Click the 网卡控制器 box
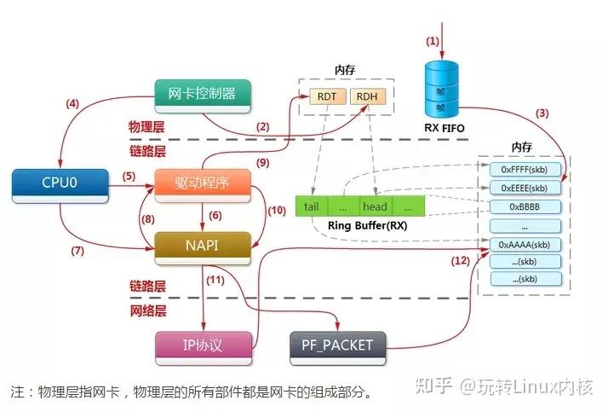203,95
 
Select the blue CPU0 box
60,184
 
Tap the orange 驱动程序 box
203,184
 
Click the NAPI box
203,247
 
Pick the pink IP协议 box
203,345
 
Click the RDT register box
325,96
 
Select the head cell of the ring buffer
375,206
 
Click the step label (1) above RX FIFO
433,41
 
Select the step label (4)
72,105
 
